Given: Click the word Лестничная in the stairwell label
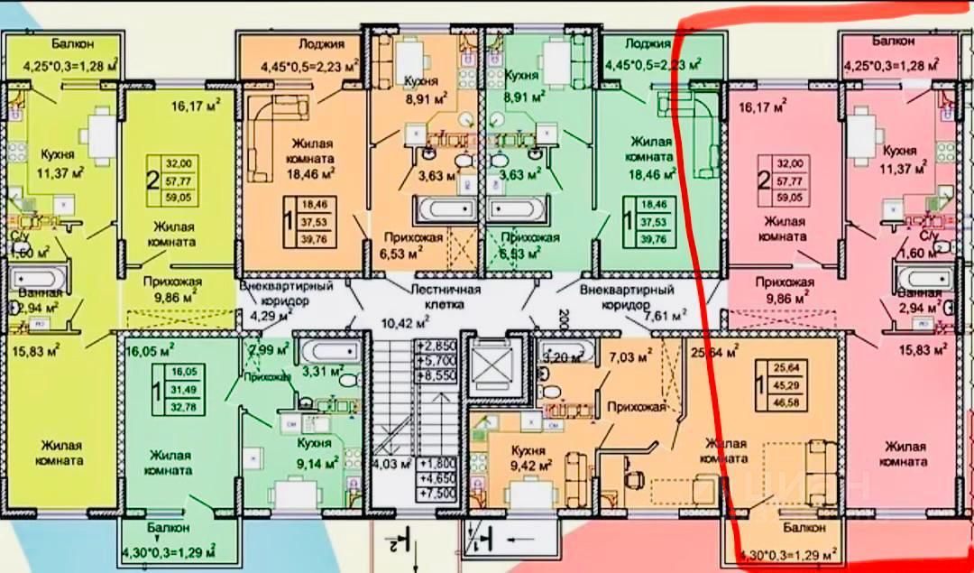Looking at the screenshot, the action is point(445,290).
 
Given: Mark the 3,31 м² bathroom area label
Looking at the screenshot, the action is point(322,371).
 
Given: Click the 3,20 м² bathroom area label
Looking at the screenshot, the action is point(560,356).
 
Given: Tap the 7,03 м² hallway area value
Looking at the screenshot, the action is point(631,358).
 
